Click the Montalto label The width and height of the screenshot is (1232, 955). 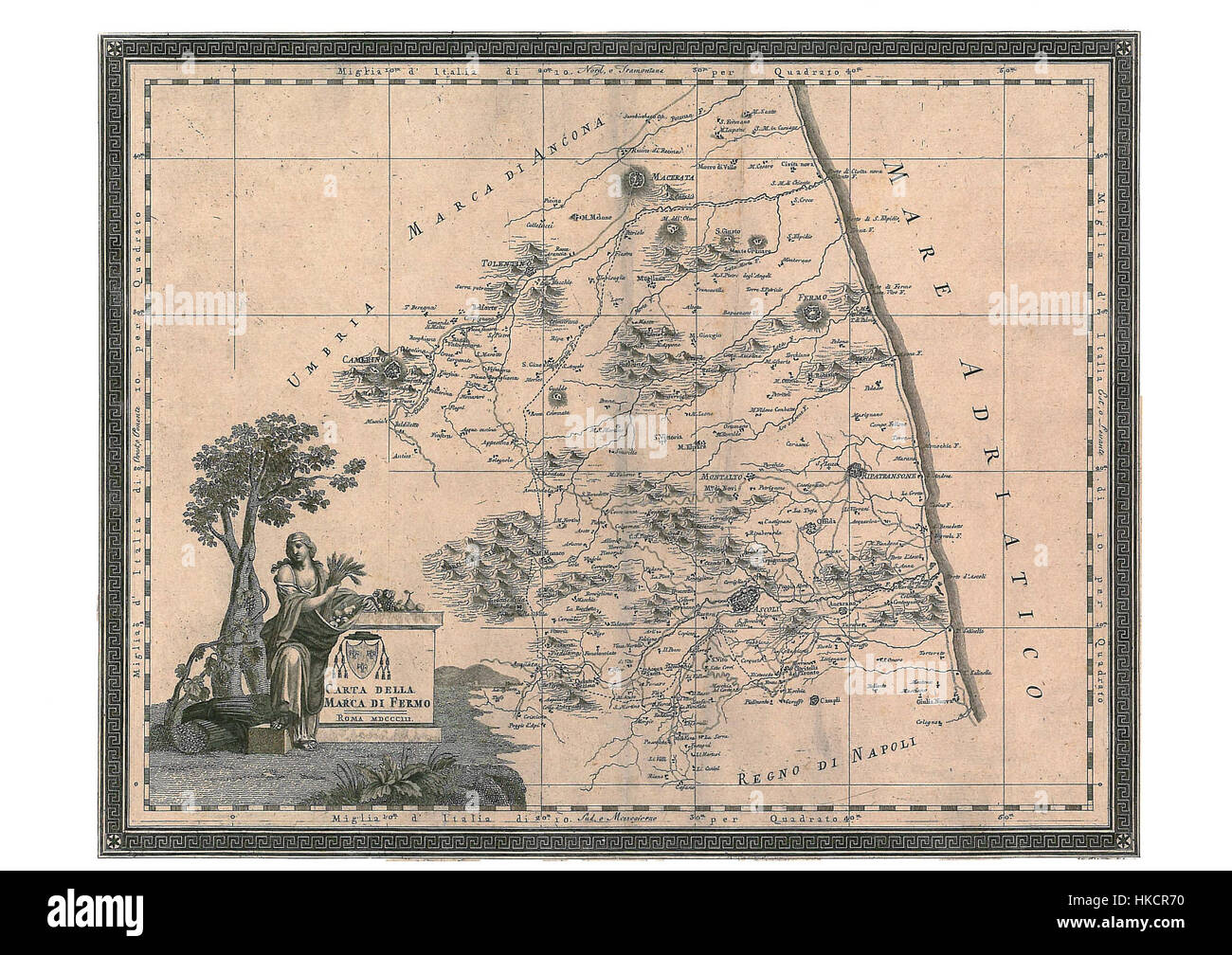point(723,477)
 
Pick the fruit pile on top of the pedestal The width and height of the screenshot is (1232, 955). point(386,600)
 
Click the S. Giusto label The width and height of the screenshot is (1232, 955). point(729,231)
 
